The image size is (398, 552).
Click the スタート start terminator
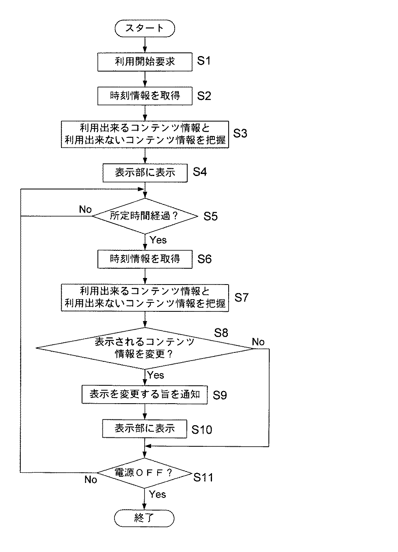click(145, 28)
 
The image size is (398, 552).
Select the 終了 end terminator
click(145, 518)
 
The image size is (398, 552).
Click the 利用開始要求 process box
click(145, 62)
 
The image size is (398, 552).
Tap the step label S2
click(204, 96)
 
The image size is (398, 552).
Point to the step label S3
click(240, 134)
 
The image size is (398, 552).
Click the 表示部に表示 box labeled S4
click(145, 173)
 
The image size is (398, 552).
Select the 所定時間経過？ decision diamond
click(145, 216)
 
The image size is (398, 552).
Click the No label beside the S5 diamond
click(85, 209)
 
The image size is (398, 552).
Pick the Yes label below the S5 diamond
click(158, 240)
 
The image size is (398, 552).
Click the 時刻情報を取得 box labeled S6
click(145, 259)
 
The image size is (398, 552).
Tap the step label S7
click(241, 298)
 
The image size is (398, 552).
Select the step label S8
click(221, 333)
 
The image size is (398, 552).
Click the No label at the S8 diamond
click(258, 342)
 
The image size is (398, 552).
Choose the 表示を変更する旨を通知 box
click(145, 394)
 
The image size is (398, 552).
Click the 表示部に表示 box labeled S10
click(145, 428)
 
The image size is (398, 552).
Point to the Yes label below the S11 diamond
click(157, 494)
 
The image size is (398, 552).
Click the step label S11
click(203, 477)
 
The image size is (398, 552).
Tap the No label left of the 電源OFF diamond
click(91, 480)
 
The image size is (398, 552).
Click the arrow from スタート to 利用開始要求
click(145, 45)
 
